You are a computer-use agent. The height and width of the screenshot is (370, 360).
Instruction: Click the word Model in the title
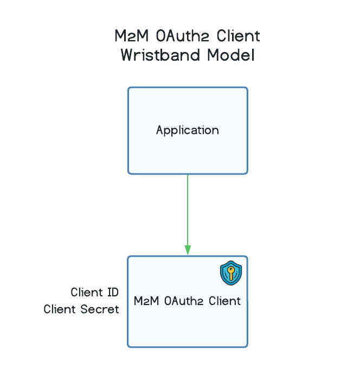(x=229, y=55)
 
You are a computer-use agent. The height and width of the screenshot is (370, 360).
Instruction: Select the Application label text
(x=188, y=131)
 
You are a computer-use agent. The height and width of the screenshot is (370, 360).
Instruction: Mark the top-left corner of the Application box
(x=128, y=88)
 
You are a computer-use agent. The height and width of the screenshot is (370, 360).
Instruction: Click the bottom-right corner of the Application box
(x=247, y=173)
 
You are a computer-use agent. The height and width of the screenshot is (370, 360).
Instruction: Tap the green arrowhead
(x=188, y=250)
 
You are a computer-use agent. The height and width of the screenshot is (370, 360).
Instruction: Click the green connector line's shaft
(x=188, y=211)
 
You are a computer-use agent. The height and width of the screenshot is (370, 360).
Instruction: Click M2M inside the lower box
(x=144, y=301)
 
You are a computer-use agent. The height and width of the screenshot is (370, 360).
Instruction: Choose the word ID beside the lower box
(x=113, y=293)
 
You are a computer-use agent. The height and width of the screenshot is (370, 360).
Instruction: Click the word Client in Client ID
(x=87, y=293)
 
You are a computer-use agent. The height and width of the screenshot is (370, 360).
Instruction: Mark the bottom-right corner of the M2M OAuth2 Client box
(x=247, y=346)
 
